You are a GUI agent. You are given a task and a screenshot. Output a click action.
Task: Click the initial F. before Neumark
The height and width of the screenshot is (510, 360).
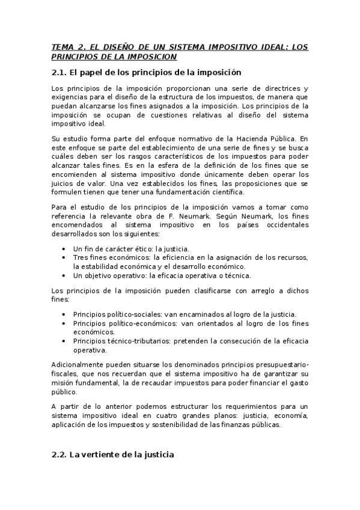(218, 217)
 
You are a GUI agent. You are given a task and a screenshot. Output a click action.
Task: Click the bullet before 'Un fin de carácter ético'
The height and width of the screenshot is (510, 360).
(64, 248)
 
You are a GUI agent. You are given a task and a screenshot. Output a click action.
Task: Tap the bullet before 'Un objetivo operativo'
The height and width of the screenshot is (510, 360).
(64, 275)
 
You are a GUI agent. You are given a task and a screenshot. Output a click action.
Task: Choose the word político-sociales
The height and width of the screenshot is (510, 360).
(129, 314)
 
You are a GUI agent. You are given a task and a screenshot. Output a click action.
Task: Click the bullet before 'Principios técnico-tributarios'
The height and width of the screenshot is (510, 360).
(64, 341)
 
